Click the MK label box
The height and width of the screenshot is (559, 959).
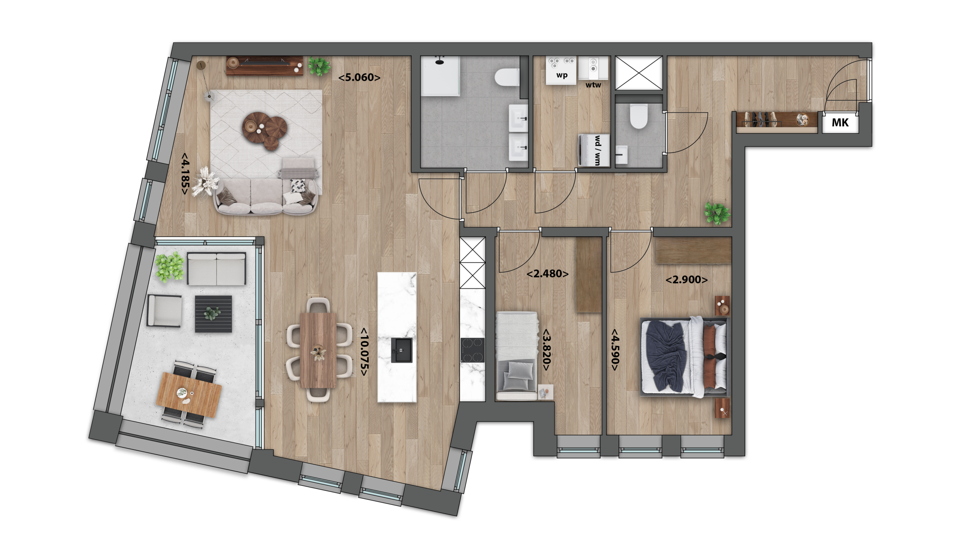point(840,122)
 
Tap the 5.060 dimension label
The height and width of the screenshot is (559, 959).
point(359,78)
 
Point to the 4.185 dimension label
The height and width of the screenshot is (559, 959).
point(185,174)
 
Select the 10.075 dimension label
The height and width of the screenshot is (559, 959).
point(364,352)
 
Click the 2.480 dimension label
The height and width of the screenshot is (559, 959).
point(548,274)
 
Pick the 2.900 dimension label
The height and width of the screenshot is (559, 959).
point(687,280)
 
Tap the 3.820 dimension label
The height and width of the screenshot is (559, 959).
point(547,350)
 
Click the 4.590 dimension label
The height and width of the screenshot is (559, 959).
point(615,349)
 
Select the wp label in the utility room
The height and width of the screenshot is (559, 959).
point(562,75)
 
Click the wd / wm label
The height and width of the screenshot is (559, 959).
point(598,151)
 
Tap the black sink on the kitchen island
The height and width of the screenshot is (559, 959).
point(402,350)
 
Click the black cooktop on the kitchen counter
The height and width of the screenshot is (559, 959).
point(473,350)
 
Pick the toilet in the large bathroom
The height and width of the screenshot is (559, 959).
point(507,77)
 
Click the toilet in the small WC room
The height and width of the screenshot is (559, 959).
point(639,116)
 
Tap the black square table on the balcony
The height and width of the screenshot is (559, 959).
point(213,314)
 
